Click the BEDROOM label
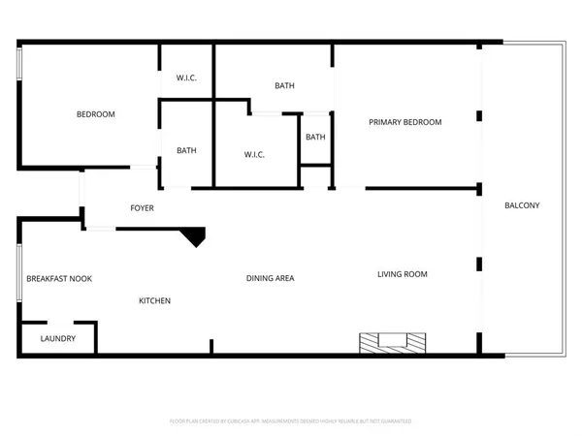click(x=95, y=114)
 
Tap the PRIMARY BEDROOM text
click(x=404, y=122)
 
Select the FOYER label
click(x=142, y=208)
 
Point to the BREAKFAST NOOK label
click(x=59, y=278)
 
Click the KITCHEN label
click(x=154, y=300)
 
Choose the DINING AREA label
click(x=270, y=278)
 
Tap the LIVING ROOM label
click(x=402, y=274)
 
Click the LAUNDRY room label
click(x=57, y=339)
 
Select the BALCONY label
click(x=522, y=205)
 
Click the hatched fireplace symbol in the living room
click(x=392, y=342)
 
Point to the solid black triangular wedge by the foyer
click(x=195, y=235)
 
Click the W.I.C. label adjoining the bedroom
click(x=186, y=78)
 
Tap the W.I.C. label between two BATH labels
click(x=254, y=154)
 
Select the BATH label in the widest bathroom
click(x=284, y=85)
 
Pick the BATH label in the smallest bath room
click(x=315, y=137)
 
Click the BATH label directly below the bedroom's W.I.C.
click(x=186, y=150)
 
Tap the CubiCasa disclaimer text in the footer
click(x=291, y=421)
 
